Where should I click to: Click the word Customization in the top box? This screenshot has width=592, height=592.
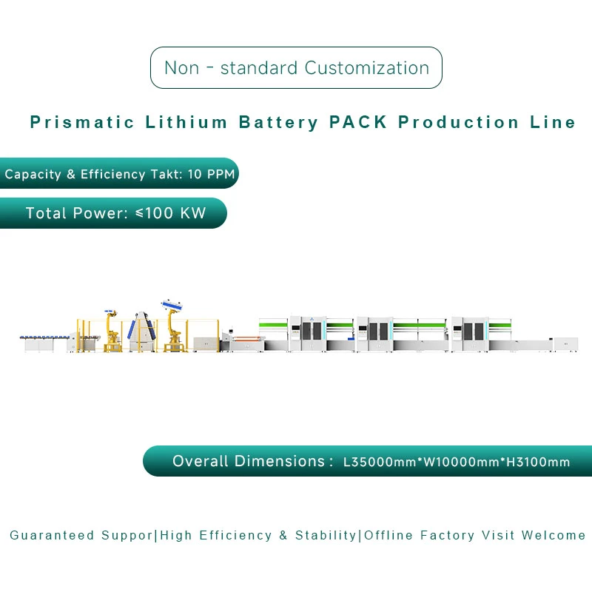click(366, 68)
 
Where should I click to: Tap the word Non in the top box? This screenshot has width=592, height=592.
click(182, 68)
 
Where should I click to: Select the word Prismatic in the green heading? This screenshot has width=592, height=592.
click(81, 123)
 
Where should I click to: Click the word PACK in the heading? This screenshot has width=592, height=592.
click(358, 123)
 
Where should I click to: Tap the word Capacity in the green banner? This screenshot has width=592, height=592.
click(33, 175)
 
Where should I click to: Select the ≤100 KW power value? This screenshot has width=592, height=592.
click(170, 214)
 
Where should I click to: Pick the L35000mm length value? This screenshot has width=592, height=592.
click(378, 462)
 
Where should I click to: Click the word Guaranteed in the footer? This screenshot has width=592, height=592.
click(52, 535)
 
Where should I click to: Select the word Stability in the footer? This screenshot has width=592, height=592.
click(326, 535)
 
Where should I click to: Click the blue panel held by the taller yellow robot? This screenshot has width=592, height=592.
click(172, 304)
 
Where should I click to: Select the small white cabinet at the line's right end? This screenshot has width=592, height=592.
click(566, 344)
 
